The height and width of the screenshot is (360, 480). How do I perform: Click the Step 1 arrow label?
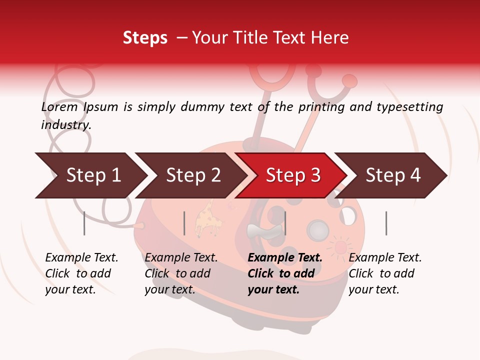(x=93, y=175)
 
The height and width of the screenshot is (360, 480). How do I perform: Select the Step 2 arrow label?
(x=193, y=175)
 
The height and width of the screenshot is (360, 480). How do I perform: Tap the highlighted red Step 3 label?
(x=293, y=175)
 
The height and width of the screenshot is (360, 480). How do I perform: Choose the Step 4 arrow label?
(x=393, y=175)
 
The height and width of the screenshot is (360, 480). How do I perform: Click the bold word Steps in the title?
(x=145, y=38)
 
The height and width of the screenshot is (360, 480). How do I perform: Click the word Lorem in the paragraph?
(x=59, y=107)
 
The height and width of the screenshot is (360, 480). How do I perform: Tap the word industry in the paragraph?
(x=66, y=125)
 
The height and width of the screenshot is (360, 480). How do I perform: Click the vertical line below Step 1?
(x=84, y=223)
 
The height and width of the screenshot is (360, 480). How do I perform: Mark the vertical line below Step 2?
(x=184, y=223)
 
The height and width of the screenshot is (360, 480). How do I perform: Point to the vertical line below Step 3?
(x=285, y=223)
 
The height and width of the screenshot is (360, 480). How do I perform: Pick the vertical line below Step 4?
(x=386, y=223)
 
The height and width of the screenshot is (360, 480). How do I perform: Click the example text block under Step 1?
(x=81, y=273)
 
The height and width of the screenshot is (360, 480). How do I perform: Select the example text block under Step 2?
(x=181, y=273)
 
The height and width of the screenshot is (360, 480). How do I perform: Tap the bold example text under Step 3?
(x=285, y=273)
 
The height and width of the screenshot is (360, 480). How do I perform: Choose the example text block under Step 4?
(x=385, y=273)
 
